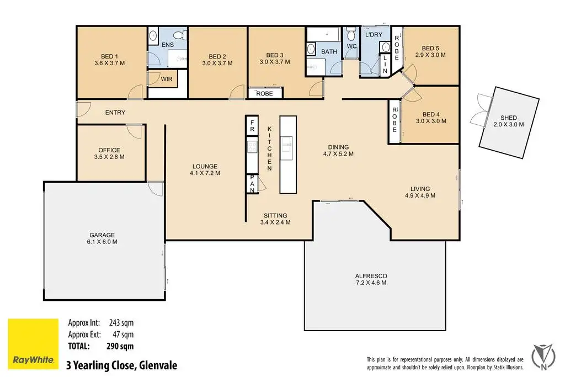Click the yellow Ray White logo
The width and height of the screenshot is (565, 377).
pyautogui.click(x=33, y=344)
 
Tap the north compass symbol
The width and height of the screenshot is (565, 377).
pyautogui.click(x=543, y=357)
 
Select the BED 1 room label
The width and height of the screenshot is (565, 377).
pyautogui.click(x=110, y=56)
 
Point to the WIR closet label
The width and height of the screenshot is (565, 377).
pyautogui.click(x=167, y=79)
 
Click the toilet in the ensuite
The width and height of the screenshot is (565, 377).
pyautogui.click(x=179, y=35)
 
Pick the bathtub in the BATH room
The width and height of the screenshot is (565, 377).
pyautogui.click(x=323, y=35)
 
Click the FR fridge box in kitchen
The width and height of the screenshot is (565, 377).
pyautogui.click(x=252, y=126)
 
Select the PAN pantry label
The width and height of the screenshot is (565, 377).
pyautogui.click(x=252, y=184)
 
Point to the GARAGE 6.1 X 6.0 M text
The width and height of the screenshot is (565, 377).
pyautogui.click(x=102, y=238)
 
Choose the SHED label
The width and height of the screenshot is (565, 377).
pyautogui.click(x=509, y=118)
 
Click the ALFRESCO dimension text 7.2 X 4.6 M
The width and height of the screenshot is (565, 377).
pyautogui.click(x=371, y=283)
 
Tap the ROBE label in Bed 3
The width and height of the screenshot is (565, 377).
pyautogui.click(x=264, y=93)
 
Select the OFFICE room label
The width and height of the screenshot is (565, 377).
pyautogui.click(x=109, y=150)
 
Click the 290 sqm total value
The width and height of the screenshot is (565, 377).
pyautogui.click(x=120, y=346)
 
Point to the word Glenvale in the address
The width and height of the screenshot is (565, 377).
pyautogui.click(x=158, y=365)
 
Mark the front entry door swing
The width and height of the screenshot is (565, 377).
pyautogui.click(x=84, y=109)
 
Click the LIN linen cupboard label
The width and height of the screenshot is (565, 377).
pyautogui.click(x=385, y=64)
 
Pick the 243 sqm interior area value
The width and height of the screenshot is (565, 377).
pyautogui.click(x=121, y=322)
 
